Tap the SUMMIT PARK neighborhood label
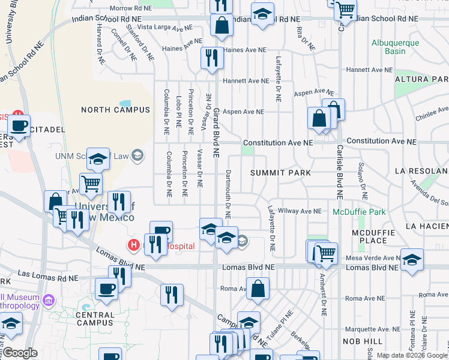pos(281,173)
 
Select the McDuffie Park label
pos(359,211)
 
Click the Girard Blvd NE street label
pos(217,129)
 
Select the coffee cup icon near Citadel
pos(19,127)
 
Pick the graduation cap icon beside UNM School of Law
pos(98,159)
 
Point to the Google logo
pos(20,353)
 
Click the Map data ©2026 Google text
pos(412,355)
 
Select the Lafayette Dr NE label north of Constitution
pos(279,78)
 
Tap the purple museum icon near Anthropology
pos(49,298)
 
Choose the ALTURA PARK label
pos(421,79)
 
